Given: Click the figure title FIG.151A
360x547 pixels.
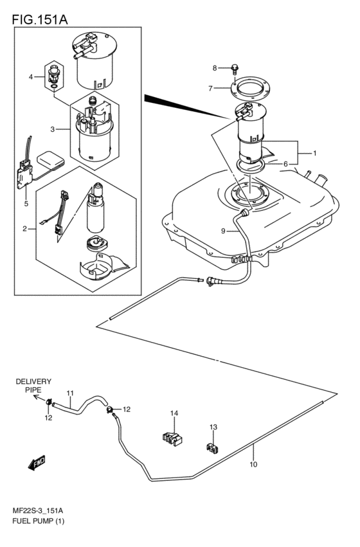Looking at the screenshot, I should click(x=39, y=20).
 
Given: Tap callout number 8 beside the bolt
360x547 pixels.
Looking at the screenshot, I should click(x=215, y=67).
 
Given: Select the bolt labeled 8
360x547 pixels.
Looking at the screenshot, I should click(x=235, y=68).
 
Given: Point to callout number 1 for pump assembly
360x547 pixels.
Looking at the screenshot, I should click(x=315, y=154).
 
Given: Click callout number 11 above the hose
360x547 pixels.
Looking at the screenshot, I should click(x=70, y=393).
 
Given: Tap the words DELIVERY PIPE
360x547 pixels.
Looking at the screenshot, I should click(x=33, y=385).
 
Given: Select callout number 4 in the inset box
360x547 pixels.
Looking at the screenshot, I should click(x=30, y=77).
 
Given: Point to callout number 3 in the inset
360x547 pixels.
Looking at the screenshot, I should click(x=53, y=129).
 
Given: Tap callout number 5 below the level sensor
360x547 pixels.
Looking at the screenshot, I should click(x=26, y=204).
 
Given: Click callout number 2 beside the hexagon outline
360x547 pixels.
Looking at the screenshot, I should click(x=25, y=228).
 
